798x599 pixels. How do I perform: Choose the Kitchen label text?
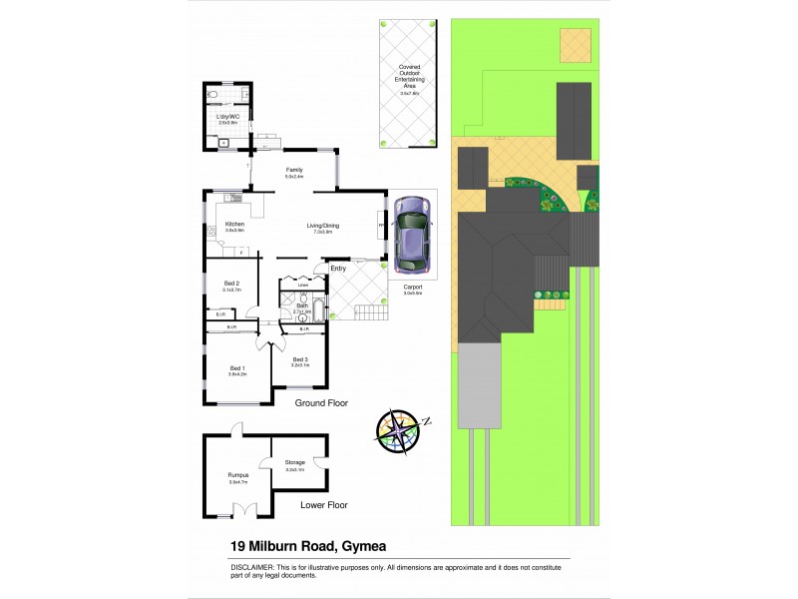coord(234,224)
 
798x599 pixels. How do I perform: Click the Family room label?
coord(294,170)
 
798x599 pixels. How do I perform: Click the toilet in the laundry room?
coord(212,95)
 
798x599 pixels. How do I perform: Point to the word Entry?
coord(338,268)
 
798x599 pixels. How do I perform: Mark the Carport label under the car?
coord(411,287)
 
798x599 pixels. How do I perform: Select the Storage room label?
coord(294,462)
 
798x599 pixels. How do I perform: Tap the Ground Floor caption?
coord(320,404)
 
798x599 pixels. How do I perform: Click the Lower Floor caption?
coord(324,505)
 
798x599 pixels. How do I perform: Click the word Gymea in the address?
coord(364,546)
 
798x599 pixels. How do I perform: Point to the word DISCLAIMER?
coord(257,566)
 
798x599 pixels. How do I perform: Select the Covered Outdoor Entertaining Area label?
coord(409,79)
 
